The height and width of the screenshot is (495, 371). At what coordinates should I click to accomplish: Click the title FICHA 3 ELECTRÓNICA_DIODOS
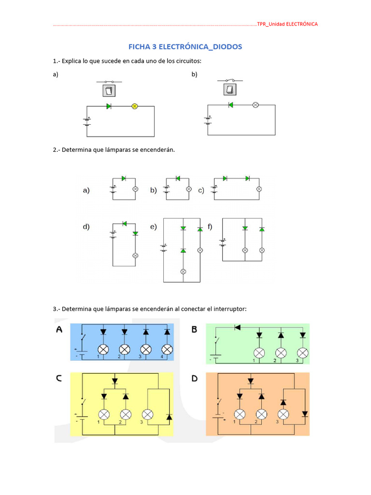[185, 47]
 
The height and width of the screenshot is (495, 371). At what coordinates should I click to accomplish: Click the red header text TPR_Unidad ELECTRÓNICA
[287, 24]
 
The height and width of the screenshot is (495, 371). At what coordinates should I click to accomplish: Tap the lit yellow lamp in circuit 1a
[135, 106]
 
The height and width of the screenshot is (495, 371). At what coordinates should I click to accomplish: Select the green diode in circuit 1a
[109, 106]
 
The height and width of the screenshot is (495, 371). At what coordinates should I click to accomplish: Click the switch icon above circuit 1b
[230, 89]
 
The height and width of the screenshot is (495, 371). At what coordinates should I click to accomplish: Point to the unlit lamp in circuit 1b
[256, 105]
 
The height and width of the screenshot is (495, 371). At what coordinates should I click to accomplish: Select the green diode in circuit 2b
[178, 178]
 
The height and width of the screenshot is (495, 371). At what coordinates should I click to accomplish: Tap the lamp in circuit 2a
[135, 189]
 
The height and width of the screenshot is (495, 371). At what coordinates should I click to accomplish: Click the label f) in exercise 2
[210, 227]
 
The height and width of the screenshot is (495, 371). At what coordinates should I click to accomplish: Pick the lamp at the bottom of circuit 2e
[183, 271]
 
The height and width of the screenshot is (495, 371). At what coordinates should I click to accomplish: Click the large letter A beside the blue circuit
[60, 330]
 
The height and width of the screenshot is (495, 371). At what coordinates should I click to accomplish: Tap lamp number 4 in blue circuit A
[167, 349]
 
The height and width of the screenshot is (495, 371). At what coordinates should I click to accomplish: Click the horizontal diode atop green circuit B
[237, 327]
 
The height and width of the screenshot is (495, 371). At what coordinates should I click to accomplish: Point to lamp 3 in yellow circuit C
[147, 414]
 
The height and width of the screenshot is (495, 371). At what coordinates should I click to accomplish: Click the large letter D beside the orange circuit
[195, 379]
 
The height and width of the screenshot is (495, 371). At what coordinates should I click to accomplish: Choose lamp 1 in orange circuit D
[240, 414]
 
